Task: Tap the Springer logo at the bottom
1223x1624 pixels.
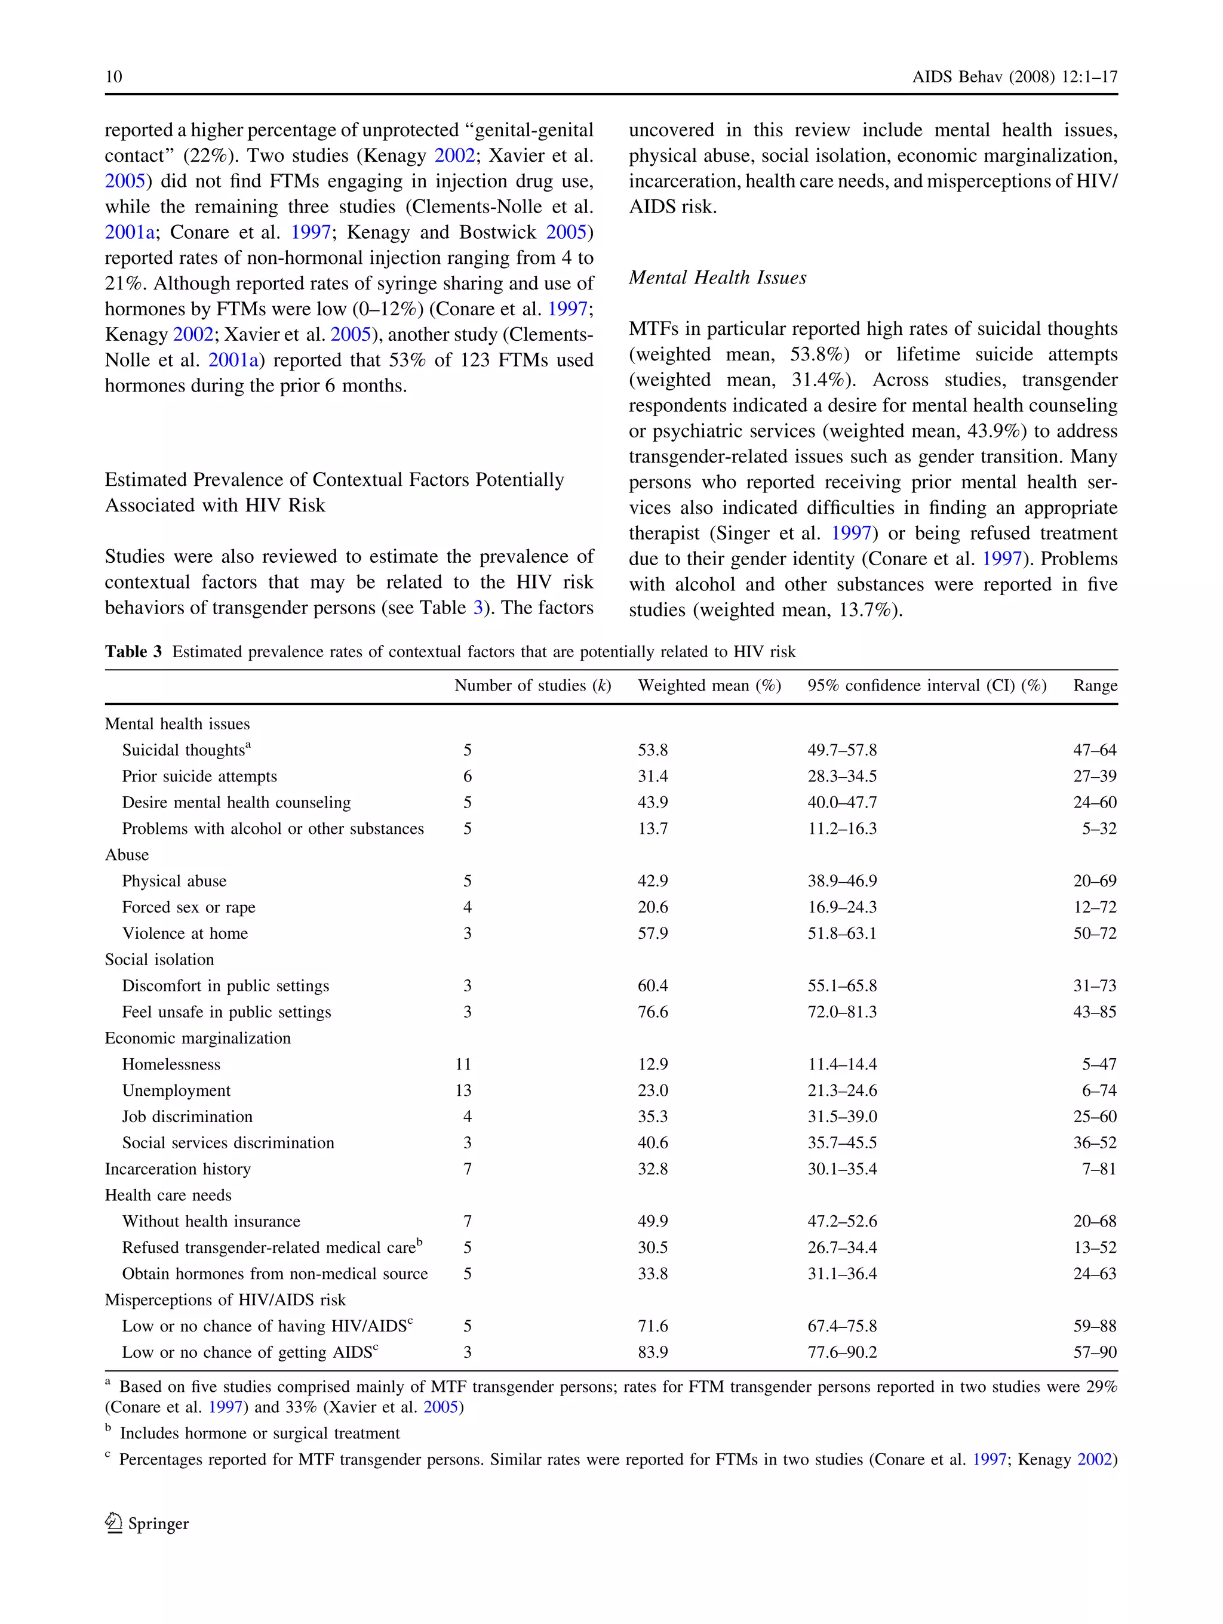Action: (x=147, y=1523)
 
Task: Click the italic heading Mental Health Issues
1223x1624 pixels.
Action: (x=717, y=278)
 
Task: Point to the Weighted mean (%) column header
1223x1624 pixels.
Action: (x=709, y=685)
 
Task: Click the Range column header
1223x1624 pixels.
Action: (x=1095, y=685)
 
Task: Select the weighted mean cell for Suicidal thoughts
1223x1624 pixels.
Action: (x=652, y=750)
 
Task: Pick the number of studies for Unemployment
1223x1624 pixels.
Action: (x=463, y=1090)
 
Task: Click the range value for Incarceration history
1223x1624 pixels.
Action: (x=1098, y=1169)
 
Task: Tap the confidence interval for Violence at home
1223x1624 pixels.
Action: (x=842, y=933)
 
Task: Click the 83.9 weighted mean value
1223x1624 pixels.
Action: (x=652, y=1352)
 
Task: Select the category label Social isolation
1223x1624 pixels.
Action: (x=159, y=960)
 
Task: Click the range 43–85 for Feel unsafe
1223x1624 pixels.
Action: (x=1095, y=1012)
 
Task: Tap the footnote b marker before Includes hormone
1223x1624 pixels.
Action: (x=108, y=1429)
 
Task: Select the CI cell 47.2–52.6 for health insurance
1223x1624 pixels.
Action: (x=842, y=1221)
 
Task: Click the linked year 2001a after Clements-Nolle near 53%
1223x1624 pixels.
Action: (x=233, y=360)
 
